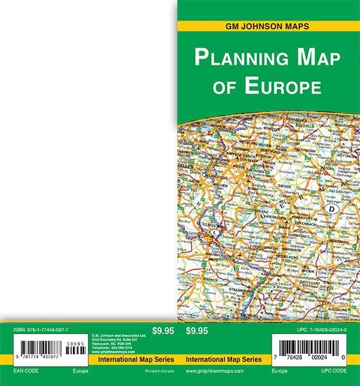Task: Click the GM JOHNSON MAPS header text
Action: (268, 26)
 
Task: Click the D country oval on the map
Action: (332, 208)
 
